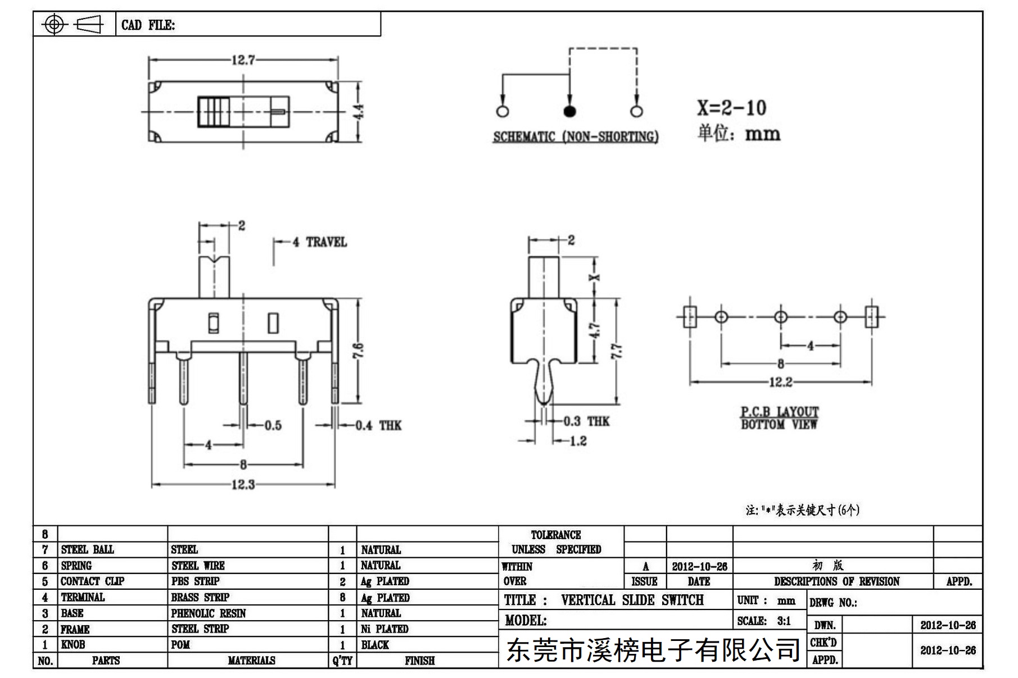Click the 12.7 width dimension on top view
[243, 60]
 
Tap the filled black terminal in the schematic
[569, 111]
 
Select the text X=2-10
[731, 107]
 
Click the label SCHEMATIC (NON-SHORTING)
[576, 136]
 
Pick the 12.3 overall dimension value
[243, 484]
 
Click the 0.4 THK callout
[378, 425]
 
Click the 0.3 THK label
[586, 421]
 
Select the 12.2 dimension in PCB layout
[780, 383]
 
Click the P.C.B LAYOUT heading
[779, 412]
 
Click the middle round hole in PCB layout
[781, 317]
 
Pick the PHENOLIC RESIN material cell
[209, 613]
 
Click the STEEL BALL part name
[87, 549]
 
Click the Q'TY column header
[342, 661]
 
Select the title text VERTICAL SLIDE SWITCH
[632, 600]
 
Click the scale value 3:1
[784, 621]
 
